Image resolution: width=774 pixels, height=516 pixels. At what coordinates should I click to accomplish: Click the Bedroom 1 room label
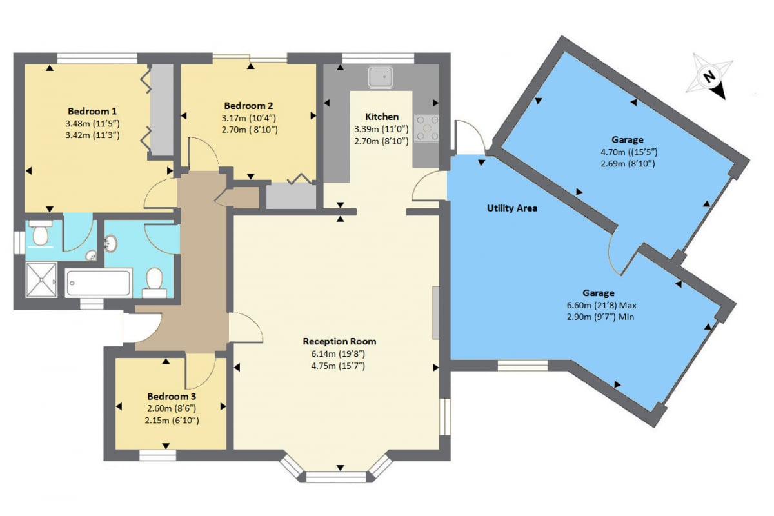92,111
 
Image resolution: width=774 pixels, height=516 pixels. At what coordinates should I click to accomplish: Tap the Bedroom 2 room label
248,105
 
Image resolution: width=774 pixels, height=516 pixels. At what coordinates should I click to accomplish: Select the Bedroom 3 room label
172,396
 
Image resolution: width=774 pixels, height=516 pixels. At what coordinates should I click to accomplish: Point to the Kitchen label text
382,117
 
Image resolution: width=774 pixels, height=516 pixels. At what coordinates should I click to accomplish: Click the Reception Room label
339,341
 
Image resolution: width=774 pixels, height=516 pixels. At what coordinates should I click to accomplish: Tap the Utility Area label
512,208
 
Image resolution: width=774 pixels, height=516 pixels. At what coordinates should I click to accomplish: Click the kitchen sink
381,77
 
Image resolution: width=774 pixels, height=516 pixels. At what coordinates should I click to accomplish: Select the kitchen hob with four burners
427,128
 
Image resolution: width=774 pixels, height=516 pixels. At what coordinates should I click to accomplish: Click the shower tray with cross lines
41,279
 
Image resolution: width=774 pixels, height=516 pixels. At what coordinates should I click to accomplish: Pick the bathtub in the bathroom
99,283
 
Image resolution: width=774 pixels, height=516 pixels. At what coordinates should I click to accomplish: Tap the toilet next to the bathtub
154,283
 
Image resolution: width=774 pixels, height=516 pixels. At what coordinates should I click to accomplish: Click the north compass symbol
709,76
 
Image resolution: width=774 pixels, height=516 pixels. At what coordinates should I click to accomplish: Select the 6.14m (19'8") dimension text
338,353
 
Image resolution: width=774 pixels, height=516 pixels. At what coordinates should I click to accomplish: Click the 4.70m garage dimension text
629,152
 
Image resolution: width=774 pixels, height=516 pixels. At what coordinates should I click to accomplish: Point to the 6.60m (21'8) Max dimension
602,305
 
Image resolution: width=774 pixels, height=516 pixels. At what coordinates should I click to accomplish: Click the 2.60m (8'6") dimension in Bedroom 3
172,408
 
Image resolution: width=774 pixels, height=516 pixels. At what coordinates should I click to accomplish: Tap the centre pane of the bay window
336,477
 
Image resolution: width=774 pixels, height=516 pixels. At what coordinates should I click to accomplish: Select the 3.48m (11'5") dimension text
93,123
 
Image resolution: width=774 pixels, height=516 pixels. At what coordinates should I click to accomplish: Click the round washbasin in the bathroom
111,244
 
